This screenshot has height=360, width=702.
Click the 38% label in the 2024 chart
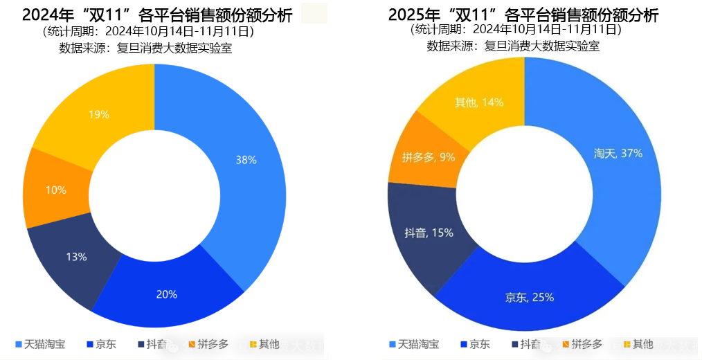(246, 160)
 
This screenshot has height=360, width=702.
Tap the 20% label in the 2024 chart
(166, 294)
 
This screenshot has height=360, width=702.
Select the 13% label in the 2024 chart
(76, 257)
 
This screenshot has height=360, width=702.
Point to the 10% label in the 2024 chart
(56, 190)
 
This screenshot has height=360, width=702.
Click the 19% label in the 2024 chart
(99, 114)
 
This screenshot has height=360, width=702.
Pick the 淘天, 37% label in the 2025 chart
(618, 153)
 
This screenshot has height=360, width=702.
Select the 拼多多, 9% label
(429, 157)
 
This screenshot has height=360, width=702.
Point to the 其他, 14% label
(478, 102)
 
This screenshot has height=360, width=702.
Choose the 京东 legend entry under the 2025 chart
(474, 344)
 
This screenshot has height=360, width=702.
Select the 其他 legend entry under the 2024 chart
(263, 344)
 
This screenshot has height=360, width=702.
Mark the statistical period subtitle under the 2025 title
(516, 30)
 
